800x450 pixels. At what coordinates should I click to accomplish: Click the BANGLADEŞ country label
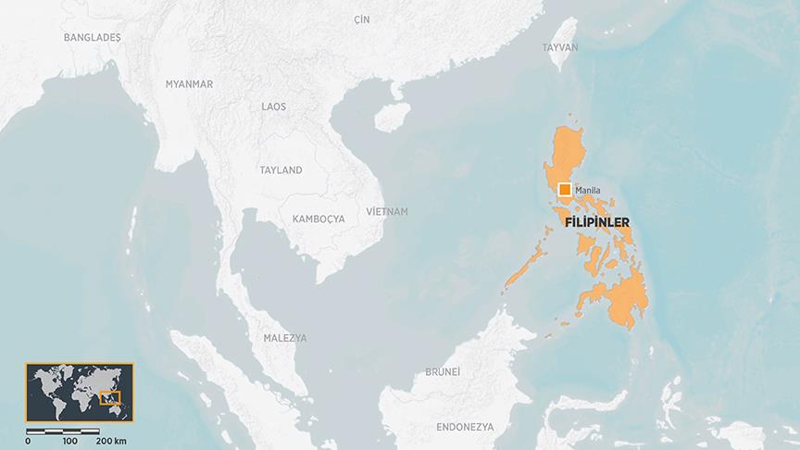(93, 37)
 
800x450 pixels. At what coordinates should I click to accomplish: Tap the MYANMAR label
(189, 84)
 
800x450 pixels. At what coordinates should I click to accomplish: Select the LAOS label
(273, 107)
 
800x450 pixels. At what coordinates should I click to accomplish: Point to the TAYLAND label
(281, 171)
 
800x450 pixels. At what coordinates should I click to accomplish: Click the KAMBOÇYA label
(318, 219)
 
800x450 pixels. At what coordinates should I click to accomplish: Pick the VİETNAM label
(387, 212)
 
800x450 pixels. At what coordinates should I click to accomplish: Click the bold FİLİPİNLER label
(597, 222)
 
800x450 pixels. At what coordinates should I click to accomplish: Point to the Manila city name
(588, 191)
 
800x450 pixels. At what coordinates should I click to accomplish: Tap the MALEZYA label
(284, 338)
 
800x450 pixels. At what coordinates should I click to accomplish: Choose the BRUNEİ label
(442, 371)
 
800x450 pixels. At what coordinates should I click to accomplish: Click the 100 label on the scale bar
(69, 441)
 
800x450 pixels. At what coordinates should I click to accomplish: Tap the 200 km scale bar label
(111, 441)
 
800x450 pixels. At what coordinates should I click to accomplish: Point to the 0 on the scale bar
(28, 441)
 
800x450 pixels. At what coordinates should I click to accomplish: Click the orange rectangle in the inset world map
(110, 398)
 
